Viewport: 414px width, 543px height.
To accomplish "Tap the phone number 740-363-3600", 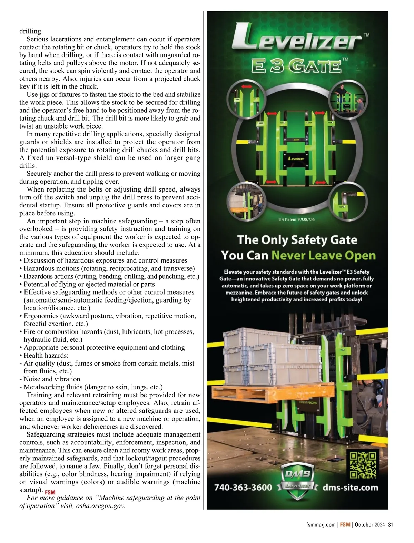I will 243,488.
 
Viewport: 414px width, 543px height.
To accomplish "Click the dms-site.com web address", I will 350,488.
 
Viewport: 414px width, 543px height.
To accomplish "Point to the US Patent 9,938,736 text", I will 296,219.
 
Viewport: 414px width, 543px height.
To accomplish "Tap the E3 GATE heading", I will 296,66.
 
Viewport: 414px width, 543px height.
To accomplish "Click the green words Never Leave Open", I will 323,256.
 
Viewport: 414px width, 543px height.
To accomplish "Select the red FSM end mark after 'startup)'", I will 50,492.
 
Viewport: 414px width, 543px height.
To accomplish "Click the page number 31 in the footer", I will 391,525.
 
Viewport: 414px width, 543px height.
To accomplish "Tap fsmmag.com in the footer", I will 321,525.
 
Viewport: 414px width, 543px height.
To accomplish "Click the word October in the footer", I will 364,525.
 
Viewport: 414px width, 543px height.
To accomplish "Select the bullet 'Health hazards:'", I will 46,355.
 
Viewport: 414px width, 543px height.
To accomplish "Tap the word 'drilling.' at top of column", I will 31,31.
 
